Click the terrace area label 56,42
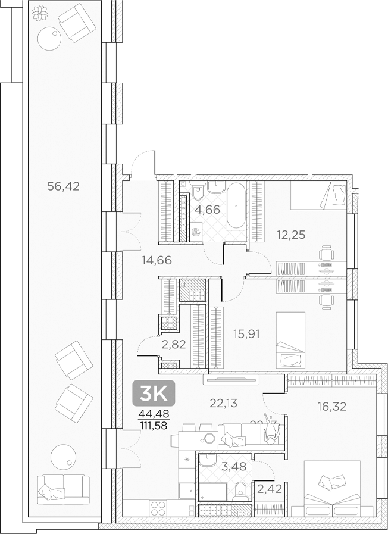pos(63,186)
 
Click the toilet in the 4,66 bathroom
pos(198,193)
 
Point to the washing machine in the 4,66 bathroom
pos(196,233)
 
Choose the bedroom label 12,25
pos(291,235)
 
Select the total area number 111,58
pos(153,425)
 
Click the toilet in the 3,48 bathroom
pos(241,490)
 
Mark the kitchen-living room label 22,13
pos(224,403)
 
